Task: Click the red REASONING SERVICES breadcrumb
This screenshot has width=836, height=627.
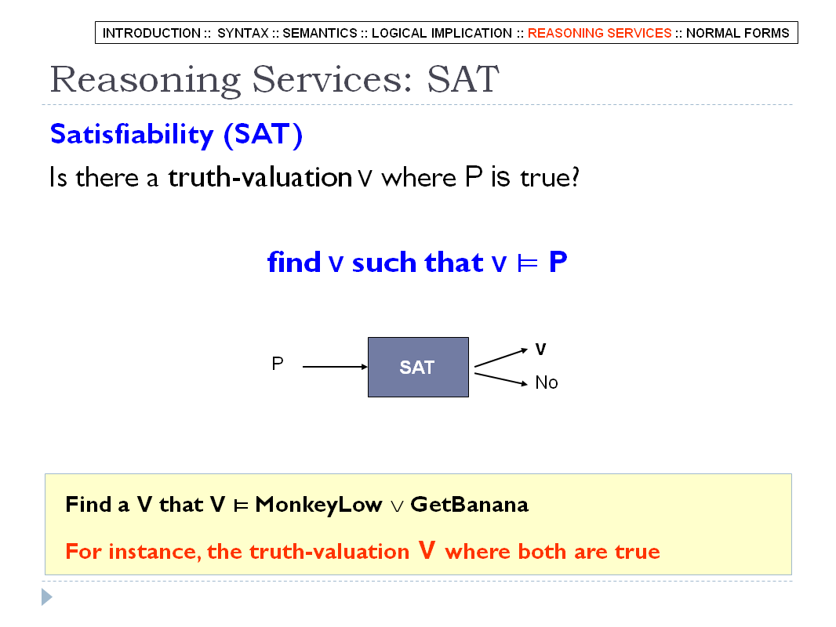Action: pos(599,33)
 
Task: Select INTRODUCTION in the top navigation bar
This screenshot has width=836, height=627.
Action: pos(151,33)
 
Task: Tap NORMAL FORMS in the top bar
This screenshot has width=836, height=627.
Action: pos(737,33)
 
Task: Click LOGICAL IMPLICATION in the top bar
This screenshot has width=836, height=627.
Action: pos(442,33)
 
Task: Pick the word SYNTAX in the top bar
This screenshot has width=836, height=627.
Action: pos(243,33)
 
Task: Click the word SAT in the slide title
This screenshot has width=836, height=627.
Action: pos(463,79)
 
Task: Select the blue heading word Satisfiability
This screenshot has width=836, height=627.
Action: pos(132,134)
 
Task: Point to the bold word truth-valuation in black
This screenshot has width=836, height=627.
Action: pos(260,177)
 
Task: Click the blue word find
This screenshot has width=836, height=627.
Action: pos(294,262)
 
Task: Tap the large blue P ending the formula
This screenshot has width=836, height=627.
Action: pos(558,262)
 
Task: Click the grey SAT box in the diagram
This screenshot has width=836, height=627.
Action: pos(419,367)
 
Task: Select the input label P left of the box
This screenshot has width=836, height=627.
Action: pos(278,364)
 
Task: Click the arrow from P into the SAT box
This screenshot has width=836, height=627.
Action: pos(335,367)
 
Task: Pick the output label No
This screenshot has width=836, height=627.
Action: pos(547,382)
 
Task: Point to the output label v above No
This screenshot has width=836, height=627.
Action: pos(540,350)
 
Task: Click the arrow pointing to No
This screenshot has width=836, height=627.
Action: pos(501,379)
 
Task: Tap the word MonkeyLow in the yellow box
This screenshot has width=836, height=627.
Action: pos(318,505)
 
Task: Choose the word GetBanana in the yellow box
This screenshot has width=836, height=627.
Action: pos(469,505)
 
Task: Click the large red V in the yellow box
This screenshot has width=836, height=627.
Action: pos(427,549)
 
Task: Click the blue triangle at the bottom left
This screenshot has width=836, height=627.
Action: pos(46,597)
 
